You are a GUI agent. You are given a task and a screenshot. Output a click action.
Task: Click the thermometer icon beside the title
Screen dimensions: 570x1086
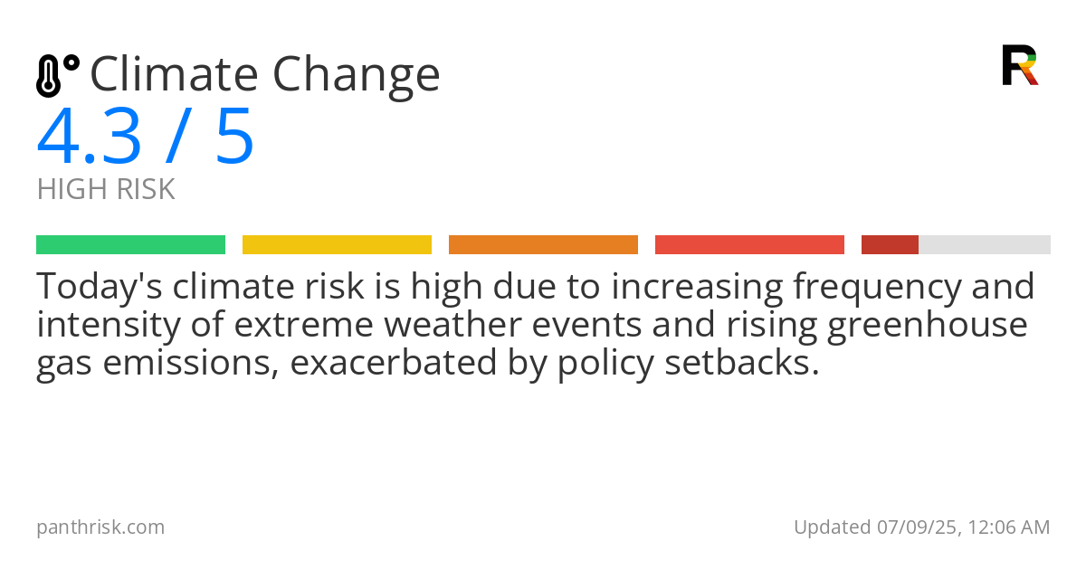pos(56,76)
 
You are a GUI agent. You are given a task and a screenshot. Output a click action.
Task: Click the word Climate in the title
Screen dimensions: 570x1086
pos(173,74)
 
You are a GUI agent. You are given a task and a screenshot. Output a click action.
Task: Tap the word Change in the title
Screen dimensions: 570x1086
pos(357,76)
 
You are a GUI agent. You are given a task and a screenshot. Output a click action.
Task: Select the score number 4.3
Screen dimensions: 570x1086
pos(89,138)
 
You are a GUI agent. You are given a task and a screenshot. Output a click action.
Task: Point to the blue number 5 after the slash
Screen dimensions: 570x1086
pos(234,138)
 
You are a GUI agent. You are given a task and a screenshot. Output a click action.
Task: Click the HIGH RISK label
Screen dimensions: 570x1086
pos(106,190)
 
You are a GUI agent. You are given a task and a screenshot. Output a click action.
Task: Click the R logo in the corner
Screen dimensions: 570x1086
pos(1019,65)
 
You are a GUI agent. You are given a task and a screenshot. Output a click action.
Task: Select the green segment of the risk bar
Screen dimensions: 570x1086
pos(130,245)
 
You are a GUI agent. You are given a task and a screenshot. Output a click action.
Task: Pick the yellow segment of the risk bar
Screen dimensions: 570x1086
pos(337,245)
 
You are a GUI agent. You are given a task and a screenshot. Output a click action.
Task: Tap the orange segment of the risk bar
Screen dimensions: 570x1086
pos(543,245)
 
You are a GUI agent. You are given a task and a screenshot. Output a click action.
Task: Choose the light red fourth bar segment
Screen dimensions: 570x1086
pos(749,245)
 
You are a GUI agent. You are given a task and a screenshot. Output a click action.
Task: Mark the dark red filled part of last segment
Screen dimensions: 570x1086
pos(890,245)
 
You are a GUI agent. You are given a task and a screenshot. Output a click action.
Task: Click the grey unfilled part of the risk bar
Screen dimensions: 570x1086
pos(985,245)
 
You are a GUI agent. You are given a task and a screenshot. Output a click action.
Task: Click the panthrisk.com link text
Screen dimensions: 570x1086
pos(100,527)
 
